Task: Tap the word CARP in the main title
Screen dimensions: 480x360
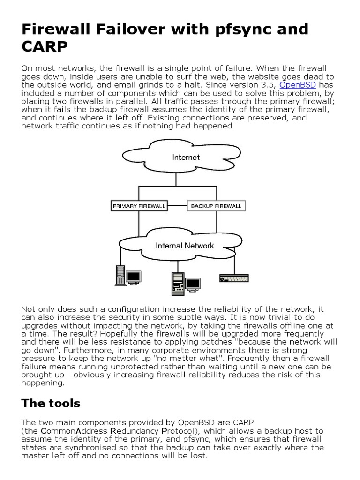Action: (x=45, y=48)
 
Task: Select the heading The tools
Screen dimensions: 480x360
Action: (x=51, y=403)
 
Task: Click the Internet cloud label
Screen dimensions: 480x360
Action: (x=186, y=157)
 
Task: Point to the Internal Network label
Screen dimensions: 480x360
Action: (x=185, y=245)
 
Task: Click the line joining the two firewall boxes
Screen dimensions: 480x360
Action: (x=177, y=206)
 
